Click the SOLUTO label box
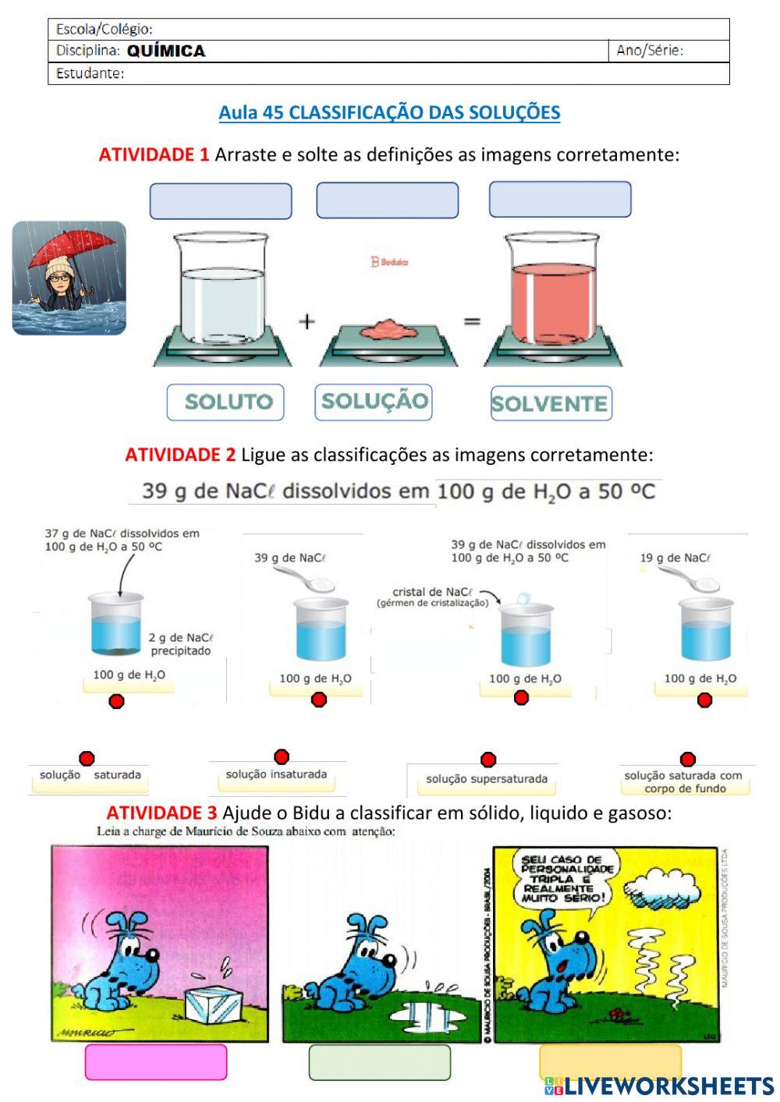click(225, 402)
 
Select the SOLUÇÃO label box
click(374, 402)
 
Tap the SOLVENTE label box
click(551, 403)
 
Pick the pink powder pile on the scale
click(389, 329)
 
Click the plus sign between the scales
click(307, 321)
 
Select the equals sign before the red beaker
click(472, 321)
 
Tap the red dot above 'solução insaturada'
click(282, 757)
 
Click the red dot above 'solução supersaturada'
click(488, 760)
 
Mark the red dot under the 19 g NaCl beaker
click(704, 700)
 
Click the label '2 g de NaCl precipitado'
click(180, 644)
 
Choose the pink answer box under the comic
click(155, 1062)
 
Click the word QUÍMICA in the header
click(166, 51)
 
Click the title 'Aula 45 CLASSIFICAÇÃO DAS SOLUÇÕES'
click(389, 112)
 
